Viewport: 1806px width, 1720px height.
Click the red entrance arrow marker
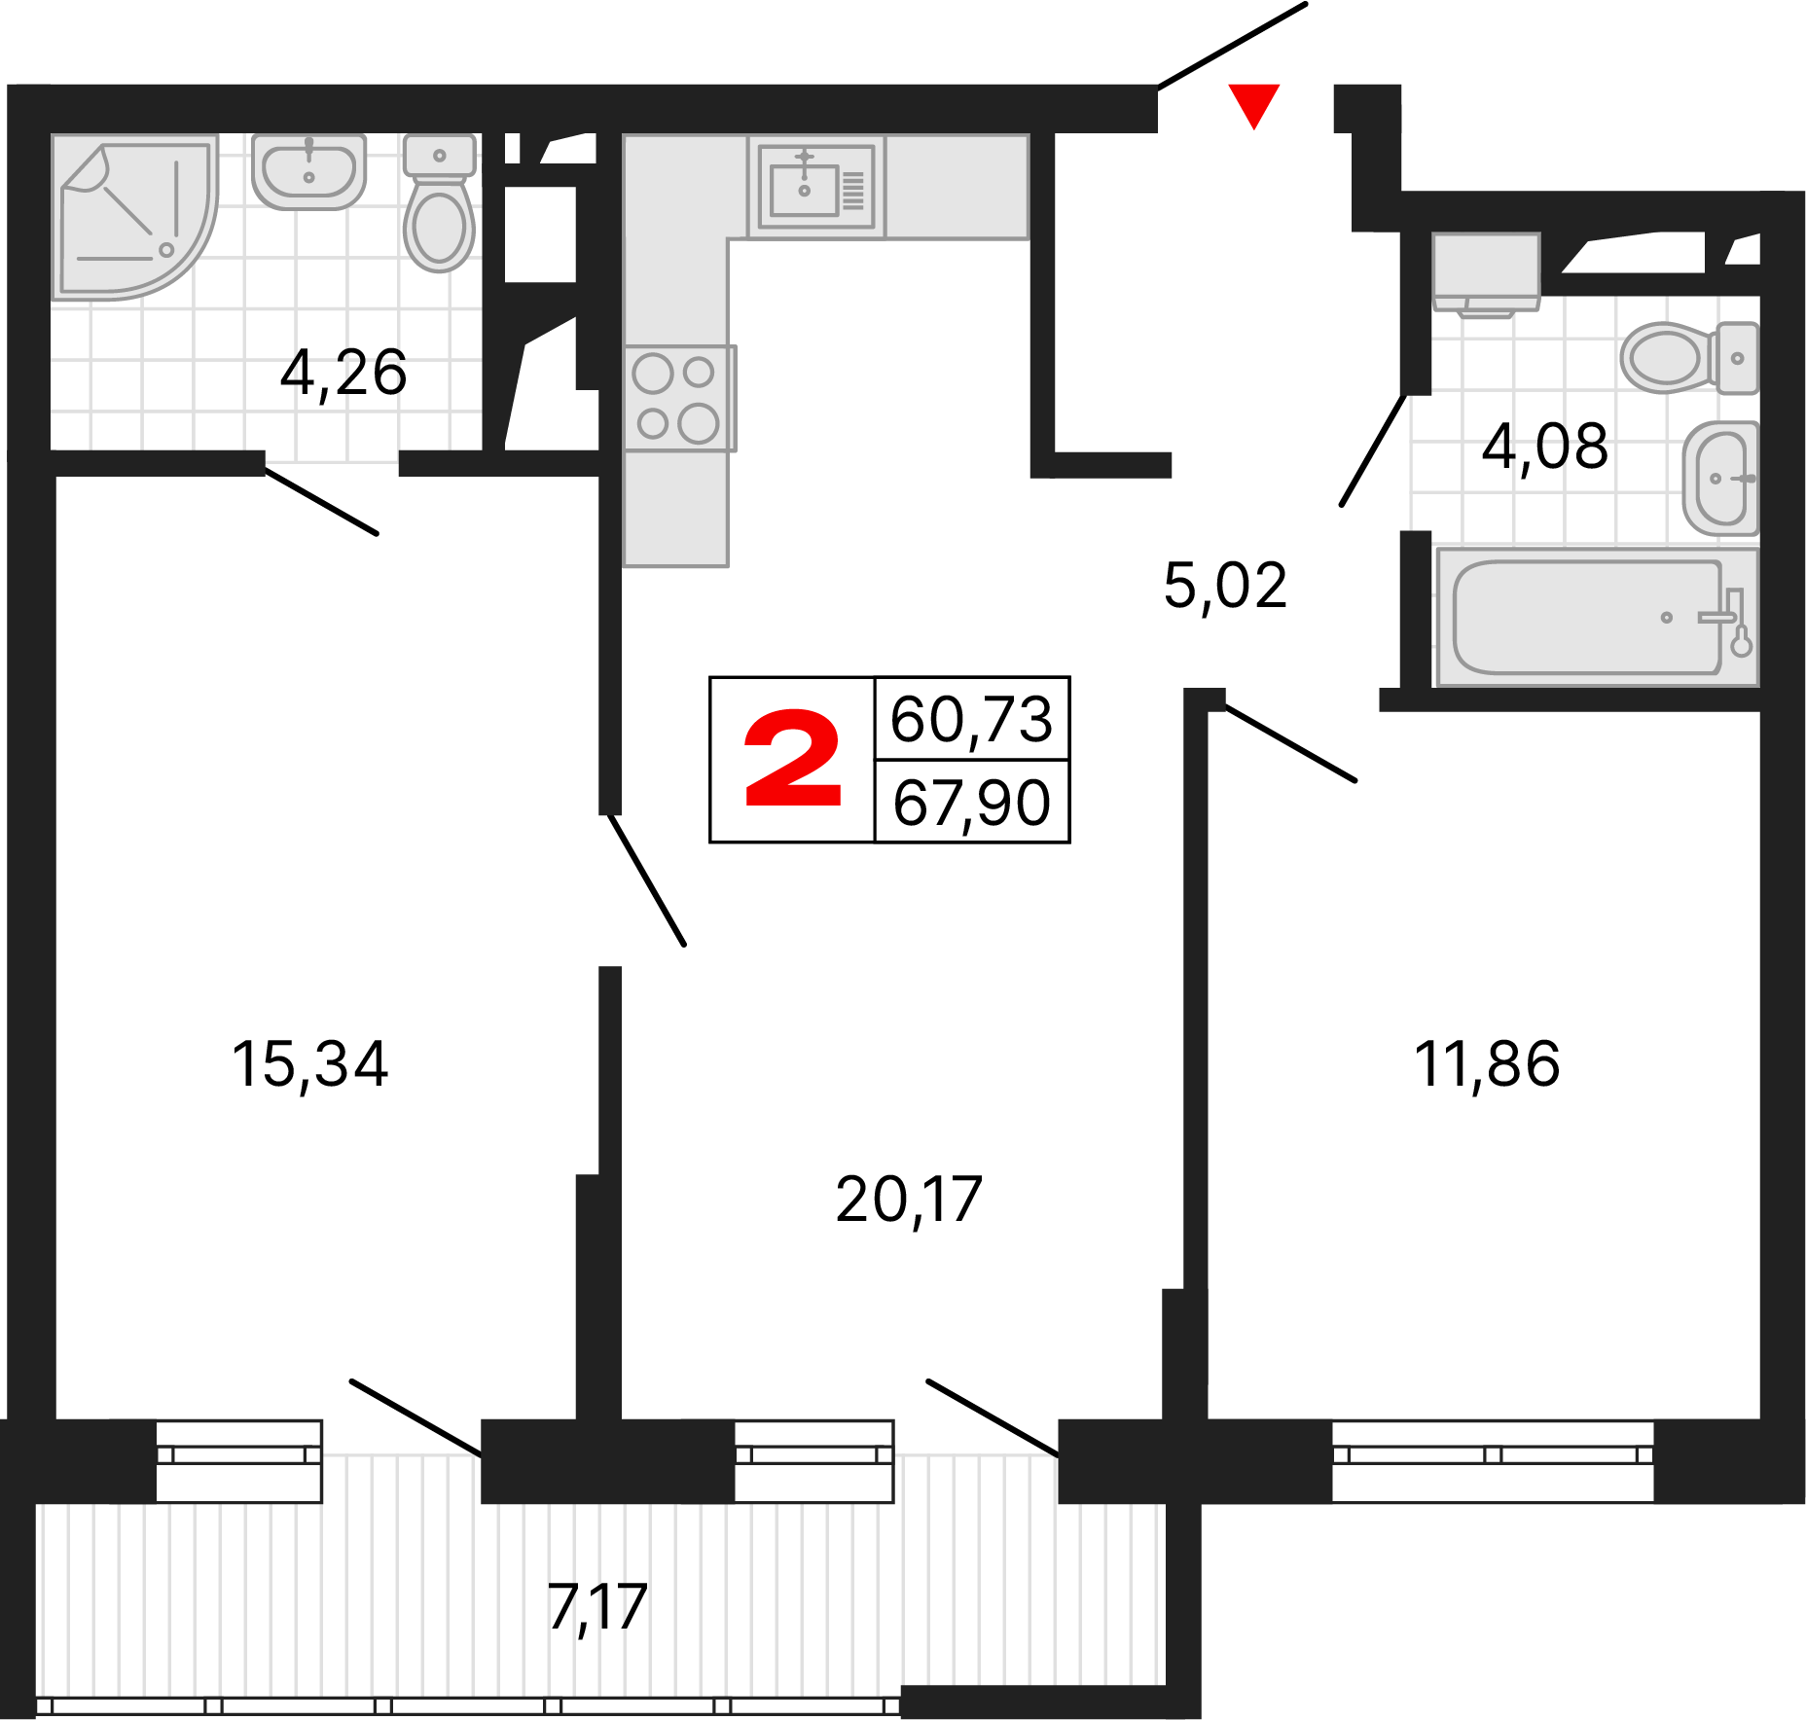coord(1253,104)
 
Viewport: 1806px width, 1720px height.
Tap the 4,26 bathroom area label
coord(343,373)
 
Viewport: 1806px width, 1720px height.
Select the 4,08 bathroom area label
coord(1544,448)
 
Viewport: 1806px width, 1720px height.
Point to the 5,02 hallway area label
coord(1225,586)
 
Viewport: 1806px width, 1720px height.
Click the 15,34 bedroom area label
coord(309,1063)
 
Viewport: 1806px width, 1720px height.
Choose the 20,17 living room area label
coord(908,1200)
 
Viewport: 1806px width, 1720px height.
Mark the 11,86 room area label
coord(1486,1063)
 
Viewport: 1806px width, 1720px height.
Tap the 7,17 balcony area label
coord(596,1607)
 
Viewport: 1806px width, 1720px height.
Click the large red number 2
coord(792,759)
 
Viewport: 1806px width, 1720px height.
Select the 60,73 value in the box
coord(971,720)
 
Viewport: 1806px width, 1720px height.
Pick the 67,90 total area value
coord(971,804)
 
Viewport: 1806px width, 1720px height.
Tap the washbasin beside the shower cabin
coord(308,171)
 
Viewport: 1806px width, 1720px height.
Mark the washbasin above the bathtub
coord(1720,478)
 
